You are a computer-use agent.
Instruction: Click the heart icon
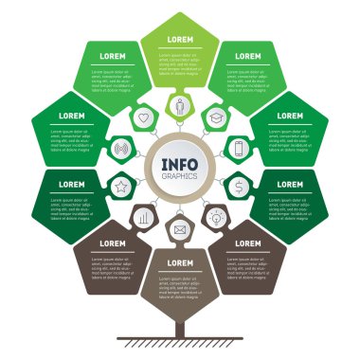[144, 118]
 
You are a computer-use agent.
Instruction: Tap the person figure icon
[180, 106]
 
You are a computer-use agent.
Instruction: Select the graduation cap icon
[216, 118]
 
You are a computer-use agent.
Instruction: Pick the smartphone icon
[239, 148]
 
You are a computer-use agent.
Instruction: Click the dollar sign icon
[240, 186]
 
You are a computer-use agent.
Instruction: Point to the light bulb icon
[216, 217]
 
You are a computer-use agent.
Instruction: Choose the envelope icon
[180, 228]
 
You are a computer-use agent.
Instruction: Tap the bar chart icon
[144, 217]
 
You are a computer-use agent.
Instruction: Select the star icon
[121, 186]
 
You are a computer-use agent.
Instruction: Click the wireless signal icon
[121, 149]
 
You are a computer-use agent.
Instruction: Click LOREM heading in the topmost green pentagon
[180, 40]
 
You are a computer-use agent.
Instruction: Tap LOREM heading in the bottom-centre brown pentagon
[180, 262]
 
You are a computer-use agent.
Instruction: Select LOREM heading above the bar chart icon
[112, 243]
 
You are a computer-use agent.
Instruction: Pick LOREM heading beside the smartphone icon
[290, 116]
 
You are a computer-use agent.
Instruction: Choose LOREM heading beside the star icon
[70, 185]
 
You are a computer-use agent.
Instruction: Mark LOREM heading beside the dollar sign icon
[290, 185]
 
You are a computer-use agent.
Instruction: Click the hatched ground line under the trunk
[180, 341]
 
